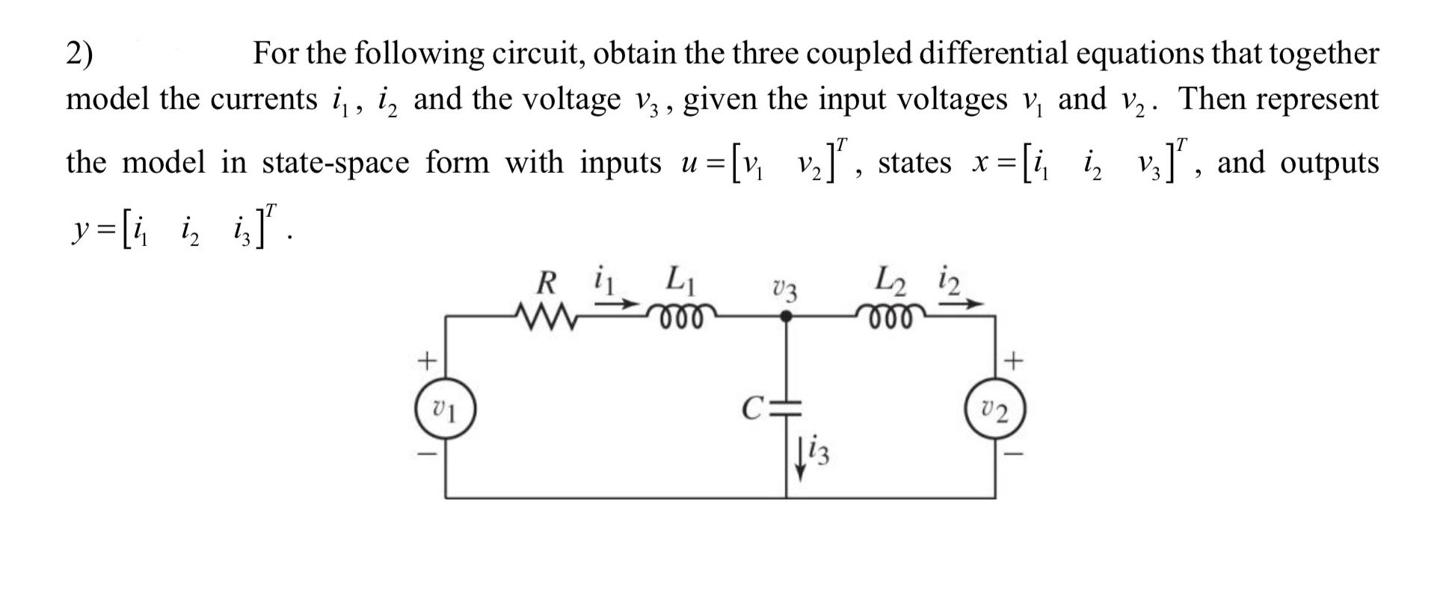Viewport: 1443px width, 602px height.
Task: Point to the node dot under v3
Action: pyautogui.click(x=785, y=317)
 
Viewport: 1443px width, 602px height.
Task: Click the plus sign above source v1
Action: pyautogui.click(x=425, y=362)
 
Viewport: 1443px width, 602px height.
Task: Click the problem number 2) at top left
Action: pyautogui.click(x=80, y=54)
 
